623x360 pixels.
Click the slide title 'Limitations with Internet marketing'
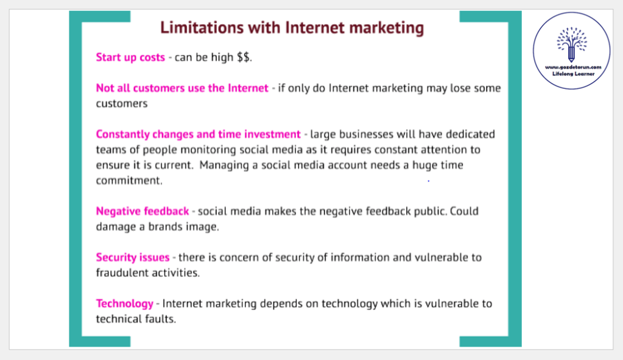coord(292,28)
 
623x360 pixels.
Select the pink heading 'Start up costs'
coord(130,58)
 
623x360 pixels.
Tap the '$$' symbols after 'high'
coord(243,57)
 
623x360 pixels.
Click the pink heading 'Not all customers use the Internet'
coord(182,88)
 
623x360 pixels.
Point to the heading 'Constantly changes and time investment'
coord(199,134)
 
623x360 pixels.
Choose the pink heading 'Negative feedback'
coord(143,211)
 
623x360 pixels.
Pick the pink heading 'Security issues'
coord(133,258)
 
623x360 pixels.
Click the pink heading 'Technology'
coord(124,303)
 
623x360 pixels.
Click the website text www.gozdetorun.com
coord(573,67)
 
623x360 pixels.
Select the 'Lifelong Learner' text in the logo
coord(573,74)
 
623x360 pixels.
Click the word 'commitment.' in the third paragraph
coord(129,180)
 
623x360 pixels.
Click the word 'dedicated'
coord(470,134)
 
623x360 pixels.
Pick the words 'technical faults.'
coord(136,319)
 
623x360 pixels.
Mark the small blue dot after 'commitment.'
coord(428,181)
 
